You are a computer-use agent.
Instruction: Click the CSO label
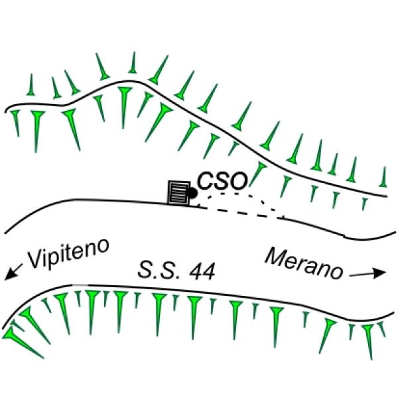click(221, 181)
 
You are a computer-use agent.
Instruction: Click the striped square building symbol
click(178, 194)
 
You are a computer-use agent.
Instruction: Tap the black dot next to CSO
click(192, 193)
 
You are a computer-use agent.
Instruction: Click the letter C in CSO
click(204, 181)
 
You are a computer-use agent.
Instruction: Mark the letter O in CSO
click(237, 181)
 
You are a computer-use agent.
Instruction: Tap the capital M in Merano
click(276, 256)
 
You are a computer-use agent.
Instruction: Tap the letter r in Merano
click(305, 263)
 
